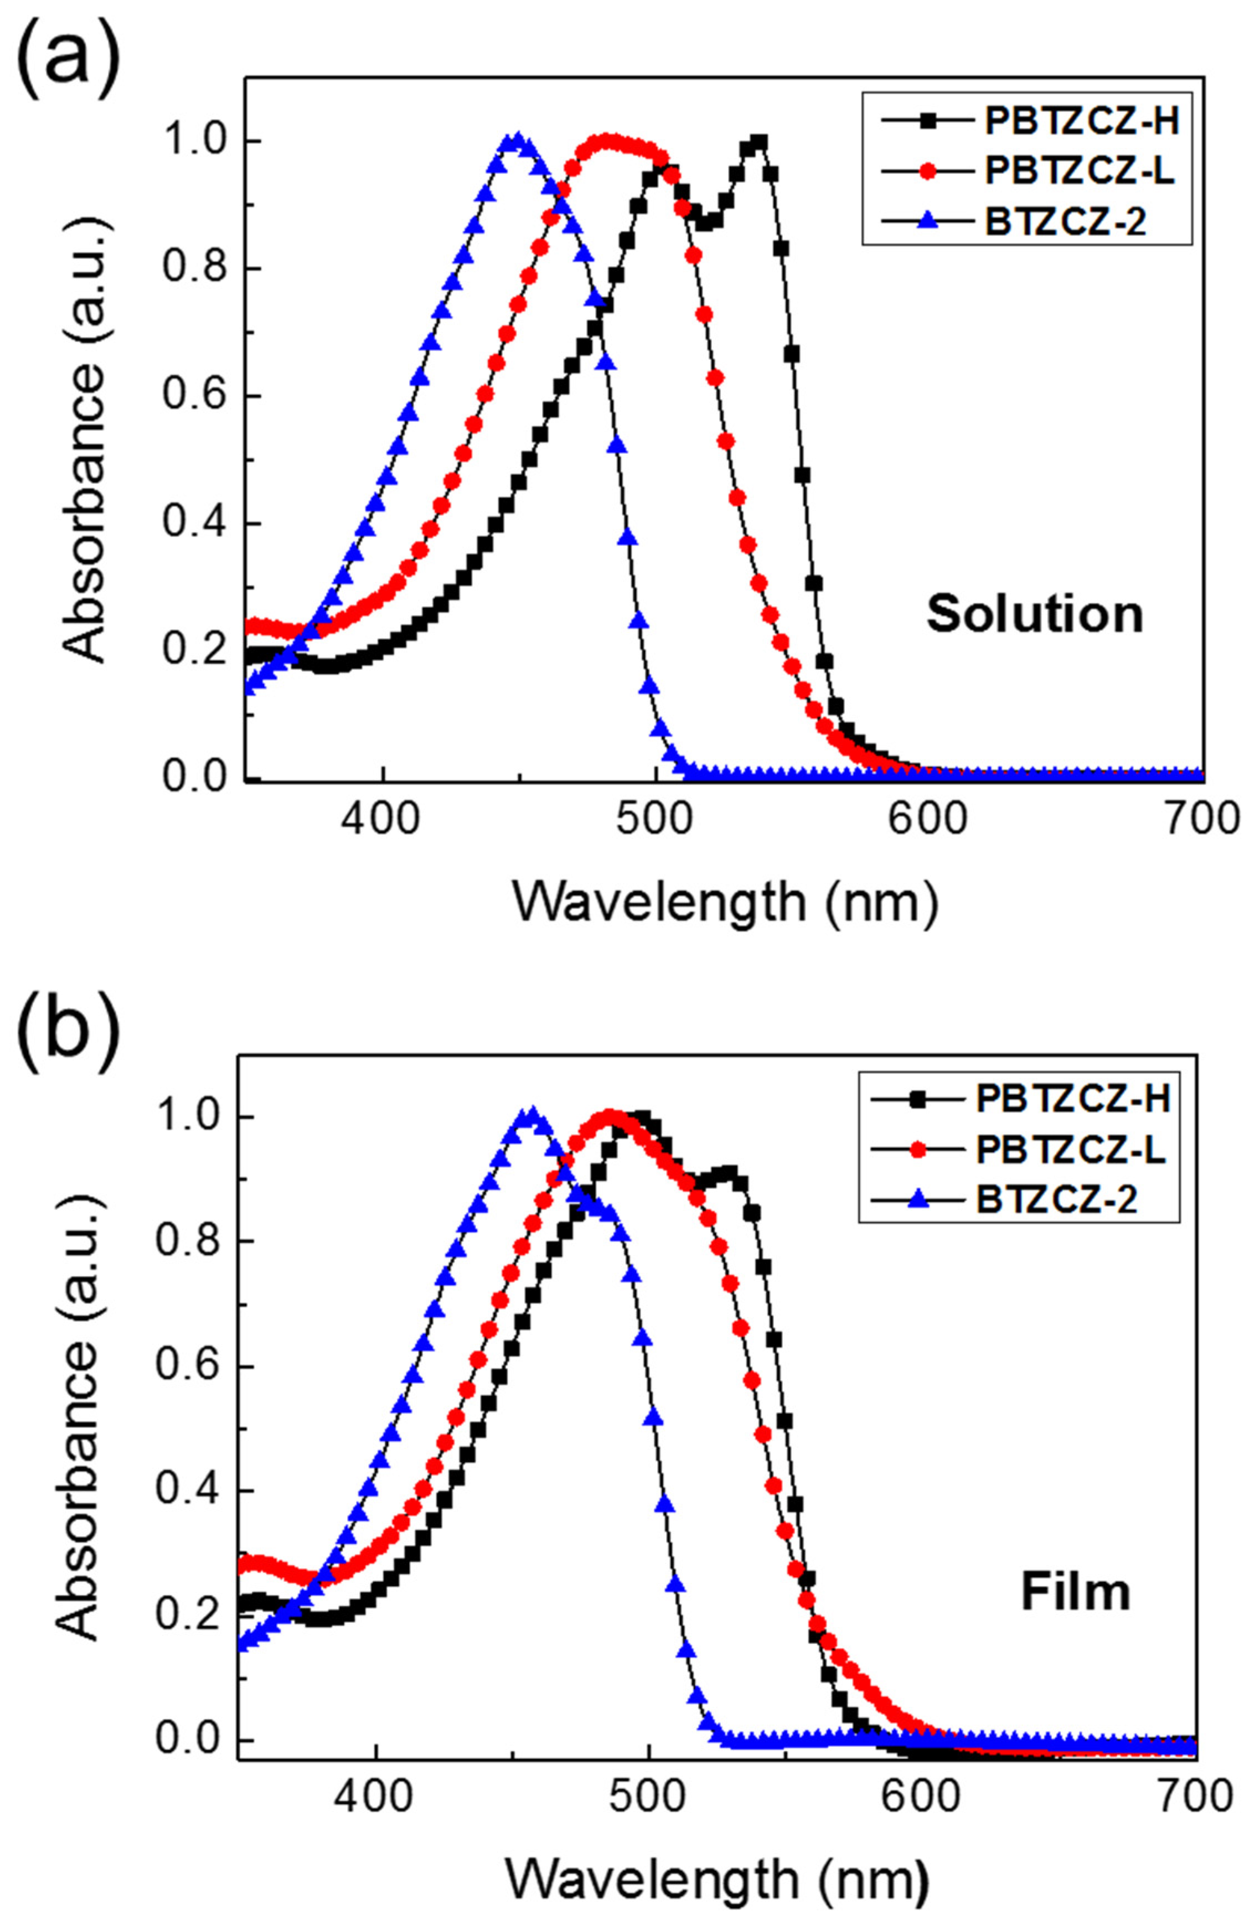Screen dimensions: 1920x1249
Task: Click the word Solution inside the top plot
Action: pyautogui.click(x=1034, y=615)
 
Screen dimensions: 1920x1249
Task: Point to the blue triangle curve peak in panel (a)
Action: pyautogui.click(x=517, y=141)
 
